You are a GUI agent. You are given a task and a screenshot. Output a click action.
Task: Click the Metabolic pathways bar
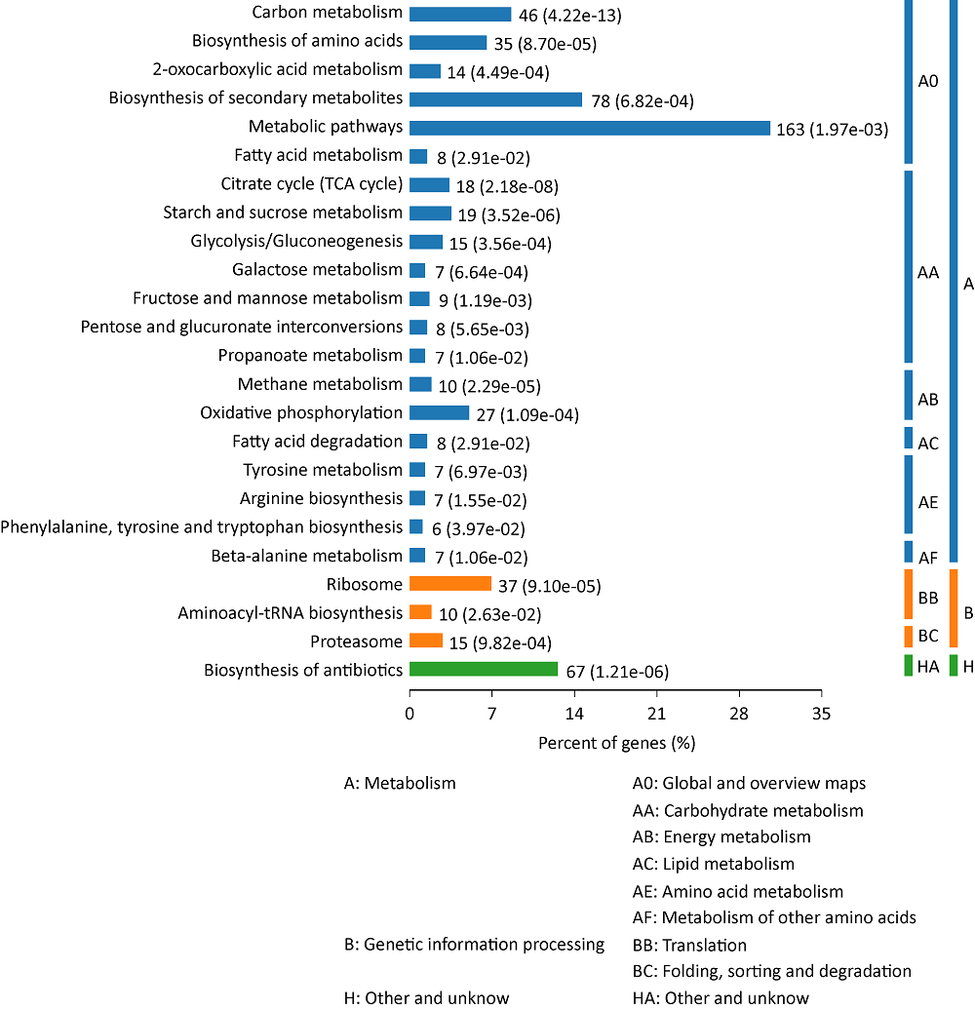[590, 128]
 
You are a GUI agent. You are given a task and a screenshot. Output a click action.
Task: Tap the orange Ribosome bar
[450, 584]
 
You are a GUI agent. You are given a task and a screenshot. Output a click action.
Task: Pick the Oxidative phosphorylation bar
[440, 413]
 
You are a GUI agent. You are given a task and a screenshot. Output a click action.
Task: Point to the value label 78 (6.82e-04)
[643, 100]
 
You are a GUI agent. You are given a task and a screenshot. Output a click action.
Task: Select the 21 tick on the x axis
[657, 713]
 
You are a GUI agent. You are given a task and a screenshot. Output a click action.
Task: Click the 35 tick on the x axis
[822, 713]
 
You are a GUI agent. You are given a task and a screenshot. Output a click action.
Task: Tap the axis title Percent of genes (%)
[616, 743]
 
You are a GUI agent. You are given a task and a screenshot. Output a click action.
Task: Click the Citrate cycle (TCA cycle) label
[312, 184]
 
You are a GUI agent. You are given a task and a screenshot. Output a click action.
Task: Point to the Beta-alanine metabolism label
[306, 556]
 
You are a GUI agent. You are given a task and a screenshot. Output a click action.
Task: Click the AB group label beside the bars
[928, 400]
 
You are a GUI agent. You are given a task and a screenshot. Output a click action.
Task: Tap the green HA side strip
[908, 666]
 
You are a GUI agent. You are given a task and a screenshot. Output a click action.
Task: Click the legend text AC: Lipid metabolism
[713, 864]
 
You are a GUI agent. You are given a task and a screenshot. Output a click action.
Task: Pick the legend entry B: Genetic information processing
[475, 945]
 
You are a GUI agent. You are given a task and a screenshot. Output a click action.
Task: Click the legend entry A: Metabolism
[400, 783]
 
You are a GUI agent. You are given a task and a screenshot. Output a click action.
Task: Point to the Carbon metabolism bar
[460, 15]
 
